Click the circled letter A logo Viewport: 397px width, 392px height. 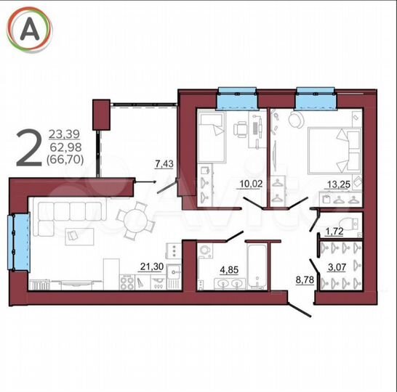point(30,29)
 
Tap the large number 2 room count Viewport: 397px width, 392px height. point(29,147)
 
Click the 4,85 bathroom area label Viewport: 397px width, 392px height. point(230,274)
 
